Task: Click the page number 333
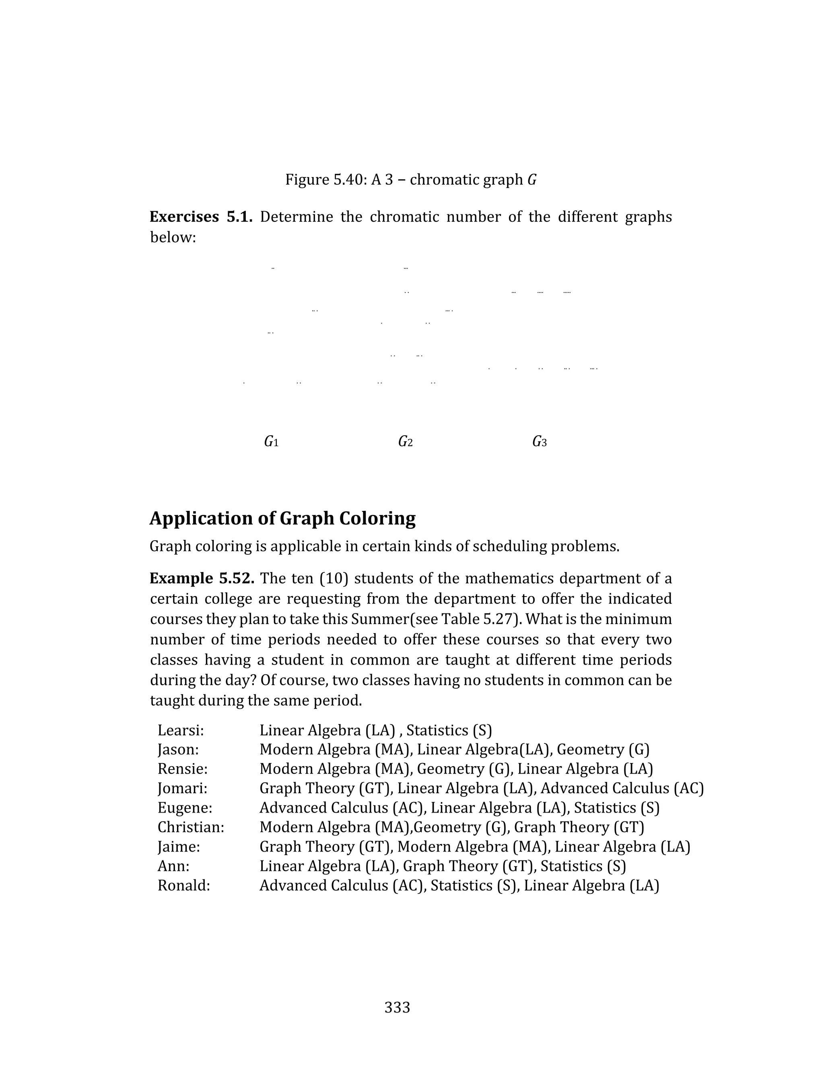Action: point(397,1007)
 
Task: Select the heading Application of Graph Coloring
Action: point(282,519)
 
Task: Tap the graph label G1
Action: point(271,442)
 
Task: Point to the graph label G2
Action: point(405,442)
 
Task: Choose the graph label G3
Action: point(539,442)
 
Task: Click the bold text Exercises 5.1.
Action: point(201,217)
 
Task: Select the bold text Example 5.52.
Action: point(202,578)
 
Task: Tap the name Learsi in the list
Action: point(180,731)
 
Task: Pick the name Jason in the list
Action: point(178,750)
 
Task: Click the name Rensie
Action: point(182,769)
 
